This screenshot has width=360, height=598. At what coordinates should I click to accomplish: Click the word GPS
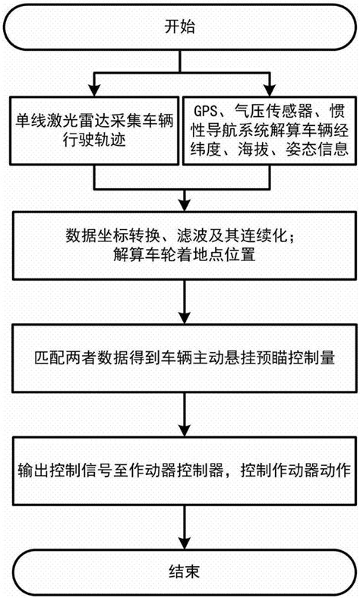click(x=209, y=112)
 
